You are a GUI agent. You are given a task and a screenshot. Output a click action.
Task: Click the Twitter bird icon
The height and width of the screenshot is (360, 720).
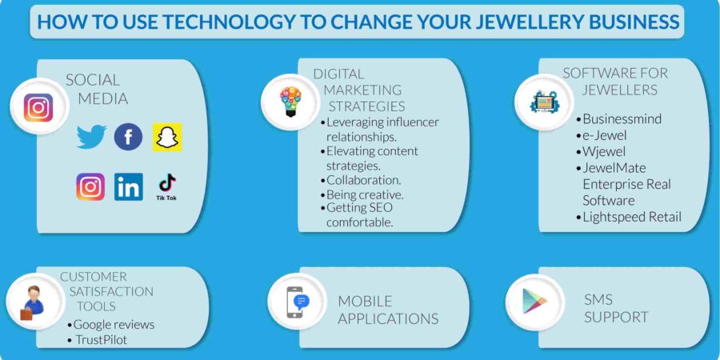coord(91,137)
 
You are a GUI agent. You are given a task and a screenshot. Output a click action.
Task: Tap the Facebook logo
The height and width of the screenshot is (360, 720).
coord(128,137)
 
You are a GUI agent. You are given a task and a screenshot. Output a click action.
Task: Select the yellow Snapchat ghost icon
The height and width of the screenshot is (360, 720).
coord(167,137)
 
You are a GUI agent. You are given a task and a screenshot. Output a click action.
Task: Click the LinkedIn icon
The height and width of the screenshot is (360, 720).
coord(128,186)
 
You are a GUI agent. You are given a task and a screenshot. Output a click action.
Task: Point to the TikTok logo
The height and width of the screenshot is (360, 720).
coord(166,186)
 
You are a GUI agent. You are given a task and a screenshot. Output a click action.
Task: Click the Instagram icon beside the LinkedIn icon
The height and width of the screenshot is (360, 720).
coord(90,186)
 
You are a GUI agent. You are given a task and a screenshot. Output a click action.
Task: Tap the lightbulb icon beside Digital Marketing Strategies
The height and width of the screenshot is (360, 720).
coord(290,102)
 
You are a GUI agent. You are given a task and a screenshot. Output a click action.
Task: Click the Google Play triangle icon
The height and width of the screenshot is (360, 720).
coord(534,301)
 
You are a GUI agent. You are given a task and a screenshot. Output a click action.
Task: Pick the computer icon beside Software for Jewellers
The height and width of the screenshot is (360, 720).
coord(544,102)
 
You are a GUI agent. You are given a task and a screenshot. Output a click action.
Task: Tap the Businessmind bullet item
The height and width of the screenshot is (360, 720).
coord(622,119)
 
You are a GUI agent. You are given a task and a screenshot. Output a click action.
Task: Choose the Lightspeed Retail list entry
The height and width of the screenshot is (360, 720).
coord(631,217)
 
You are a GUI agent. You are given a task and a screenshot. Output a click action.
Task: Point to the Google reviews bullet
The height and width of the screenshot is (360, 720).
coord(114,324)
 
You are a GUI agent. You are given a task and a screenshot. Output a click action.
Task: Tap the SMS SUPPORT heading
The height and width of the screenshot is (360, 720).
coord(615,308)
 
